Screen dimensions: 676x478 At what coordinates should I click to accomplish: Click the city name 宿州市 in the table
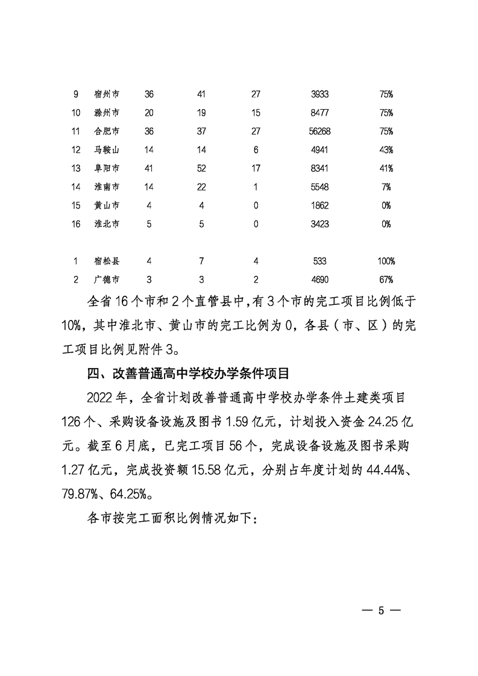(107, 94)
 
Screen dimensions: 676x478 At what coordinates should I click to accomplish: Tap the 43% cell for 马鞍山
(386, 149)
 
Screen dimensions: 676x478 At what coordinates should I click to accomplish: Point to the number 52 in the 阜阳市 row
(202, 168)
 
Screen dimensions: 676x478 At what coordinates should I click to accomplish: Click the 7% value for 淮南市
(386, 187)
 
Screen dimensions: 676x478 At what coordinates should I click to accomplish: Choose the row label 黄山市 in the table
(107, 205)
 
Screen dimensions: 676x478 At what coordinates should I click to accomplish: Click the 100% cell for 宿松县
(386, 261)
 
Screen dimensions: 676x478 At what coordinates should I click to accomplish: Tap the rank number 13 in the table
(76, 168)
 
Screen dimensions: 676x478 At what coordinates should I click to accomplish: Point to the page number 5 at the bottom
(381, 610)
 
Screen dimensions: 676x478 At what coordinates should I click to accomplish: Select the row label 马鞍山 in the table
(107, 149)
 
